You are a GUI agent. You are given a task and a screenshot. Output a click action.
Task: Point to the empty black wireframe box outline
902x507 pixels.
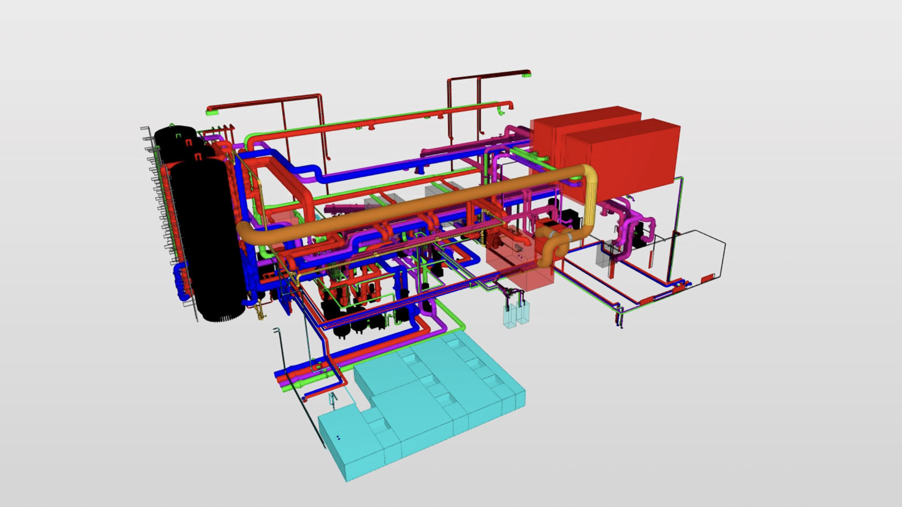(x=699, y=253)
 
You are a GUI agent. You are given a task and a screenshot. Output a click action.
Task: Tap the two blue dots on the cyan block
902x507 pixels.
(x=338, y=438)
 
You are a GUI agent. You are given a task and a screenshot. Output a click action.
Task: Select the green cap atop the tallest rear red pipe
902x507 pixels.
(x=527, y=73)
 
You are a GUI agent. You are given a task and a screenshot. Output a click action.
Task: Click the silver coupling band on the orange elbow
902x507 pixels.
(x=572, y=237)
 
